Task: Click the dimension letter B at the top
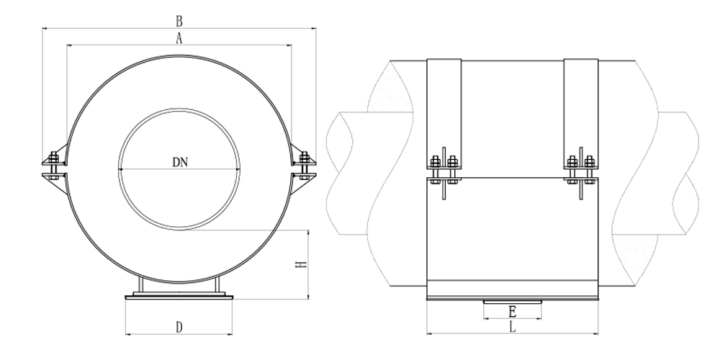tap(179, 21)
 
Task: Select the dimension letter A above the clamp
tap(179, 39)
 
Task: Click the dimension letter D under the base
tap(179, 328)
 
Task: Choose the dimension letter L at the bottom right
tap(512, 328)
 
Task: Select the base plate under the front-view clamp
tap(179, 294)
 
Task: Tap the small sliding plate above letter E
tap(512, 302)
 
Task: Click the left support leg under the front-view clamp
tap(142, 284)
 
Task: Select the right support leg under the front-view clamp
tap(217, 284)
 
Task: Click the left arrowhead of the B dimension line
tap(45, 28)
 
